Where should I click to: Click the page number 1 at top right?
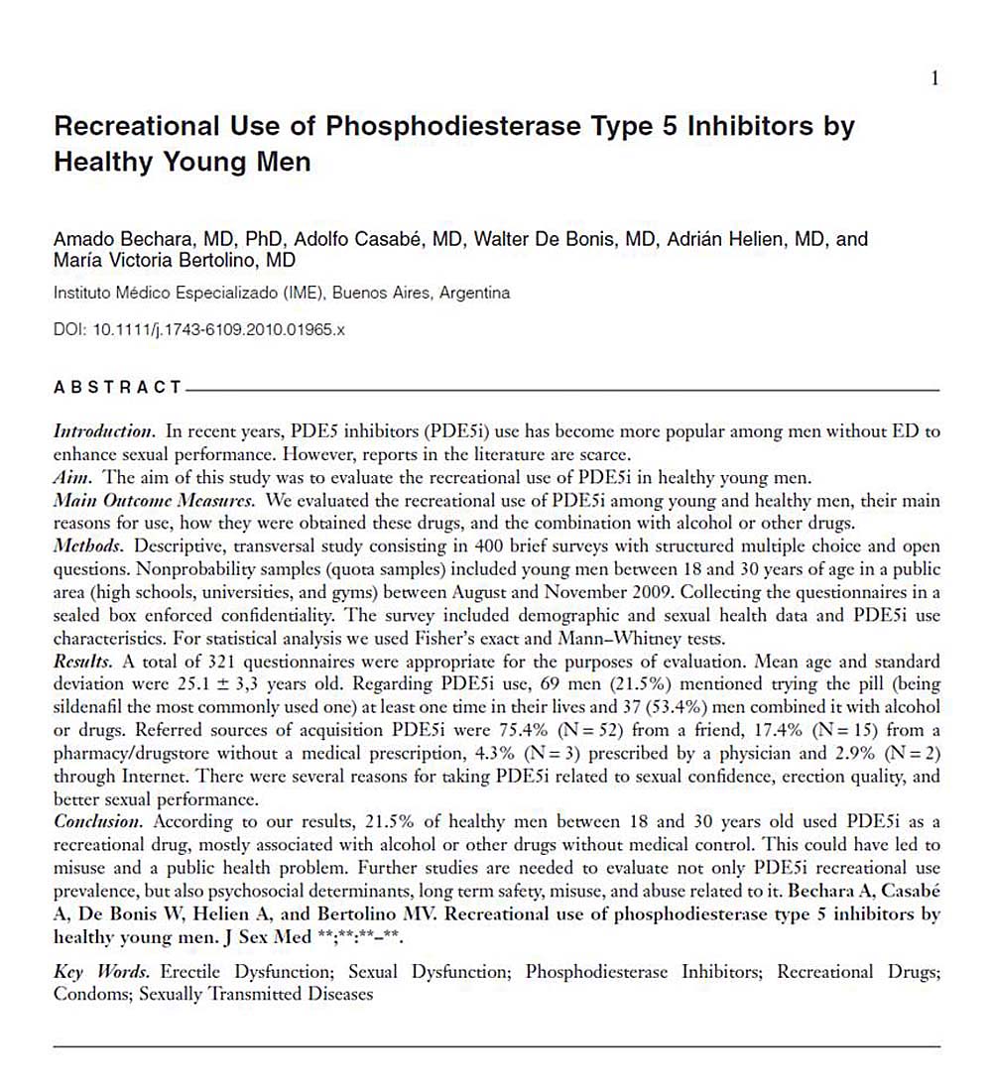[934, 79]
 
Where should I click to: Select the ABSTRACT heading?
[117, 388]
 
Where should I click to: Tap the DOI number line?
[198, 327]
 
